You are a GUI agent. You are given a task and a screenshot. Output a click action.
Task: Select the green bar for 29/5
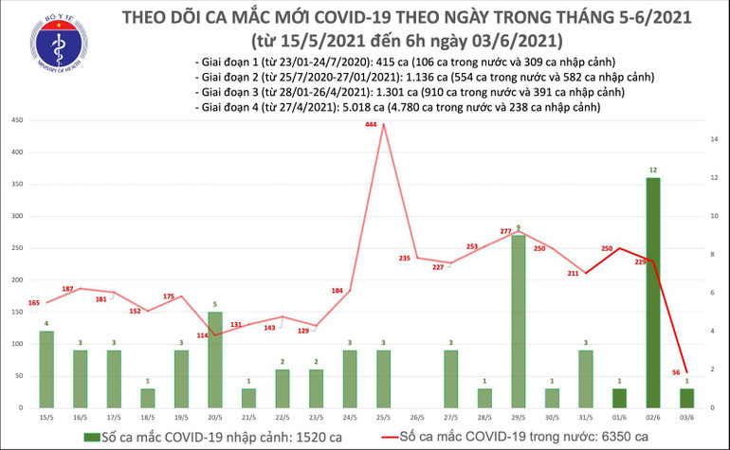519,322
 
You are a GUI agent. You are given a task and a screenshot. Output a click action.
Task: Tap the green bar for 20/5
215,360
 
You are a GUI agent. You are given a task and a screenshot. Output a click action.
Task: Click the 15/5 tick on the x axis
46,417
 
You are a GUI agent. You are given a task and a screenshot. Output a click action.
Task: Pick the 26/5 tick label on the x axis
417,417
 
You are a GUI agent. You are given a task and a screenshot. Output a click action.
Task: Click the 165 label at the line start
35,302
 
